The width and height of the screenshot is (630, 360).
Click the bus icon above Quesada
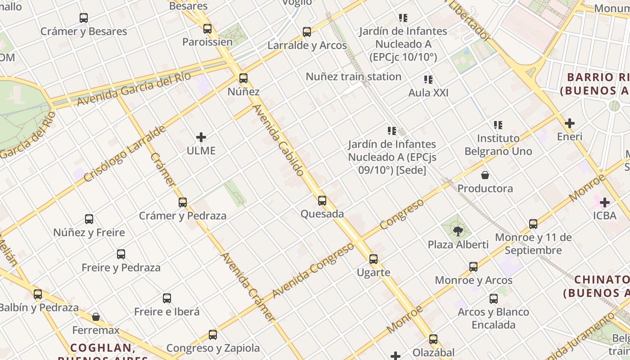click(x=322, y=201)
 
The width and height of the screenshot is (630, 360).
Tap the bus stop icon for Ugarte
click(x=373, y=259)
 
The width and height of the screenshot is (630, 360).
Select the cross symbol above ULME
click(x=201, y=137)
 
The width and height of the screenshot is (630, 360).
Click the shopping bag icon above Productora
click(x=485, y=175)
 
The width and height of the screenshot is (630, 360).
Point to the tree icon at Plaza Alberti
click(x=458, y=231)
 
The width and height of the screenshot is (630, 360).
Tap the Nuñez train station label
click(x=353, y=76)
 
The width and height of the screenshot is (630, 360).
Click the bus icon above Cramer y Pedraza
click(x=183, y=202)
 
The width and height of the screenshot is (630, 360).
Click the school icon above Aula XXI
click(x=428, y=80)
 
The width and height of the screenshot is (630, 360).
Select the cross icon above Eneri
click(x=570, y=123)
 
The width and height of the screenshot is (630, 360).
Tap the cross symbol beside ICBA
click(x=604, y=202)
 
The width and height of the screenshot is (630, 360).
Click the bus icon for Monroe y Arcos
click(x=473, y=267)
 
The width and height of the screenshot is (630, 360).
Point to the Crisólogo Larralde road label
click(x=125, y=154)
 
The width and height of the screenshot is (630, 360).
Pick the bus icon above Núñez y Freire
click(x=89, y=219)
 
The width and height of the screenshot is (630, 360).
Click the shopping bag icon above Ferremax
click(x=96, y=317)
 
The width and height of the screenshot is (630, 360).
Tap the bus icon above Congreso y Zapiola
click(x=213, y=335)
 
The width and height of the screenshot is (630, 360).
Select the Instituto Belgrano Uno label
click(x=498, y=144)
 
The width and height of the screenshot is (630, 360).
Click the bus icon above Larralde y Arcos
click(x=307, y=32)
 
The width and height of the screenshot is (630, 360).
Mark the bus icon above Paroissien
click(x=207, y=29)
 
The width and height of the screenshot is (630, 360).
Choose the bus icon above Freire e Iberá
click(x=167, y=298)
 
